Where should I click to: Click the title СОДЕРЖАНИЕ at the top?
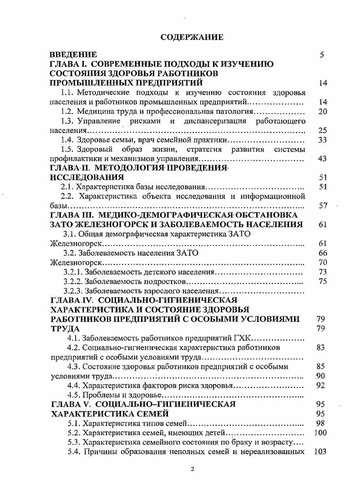pos(192,37)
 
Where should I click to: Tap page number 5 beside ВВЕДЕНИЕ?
pos(322,55)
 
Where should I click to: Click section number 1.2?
pos(67,111)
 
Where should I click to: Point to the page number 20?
pos(323,111)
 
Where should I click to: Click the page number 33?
pos(323,140)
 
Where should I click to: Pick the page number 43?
pos(323,159)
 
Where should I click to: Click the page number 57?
pos(323,205)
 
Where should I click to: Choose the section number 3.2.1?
pos(73,272)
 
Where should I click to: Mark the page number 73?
pos(323,272)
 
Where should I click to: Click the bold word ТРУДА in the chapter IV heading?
pos(65,328)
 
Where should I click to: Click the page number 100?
pos(320,432)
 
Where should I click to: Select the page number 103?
pos(320,452)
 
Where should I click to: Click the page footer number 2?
pos(192,470)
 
